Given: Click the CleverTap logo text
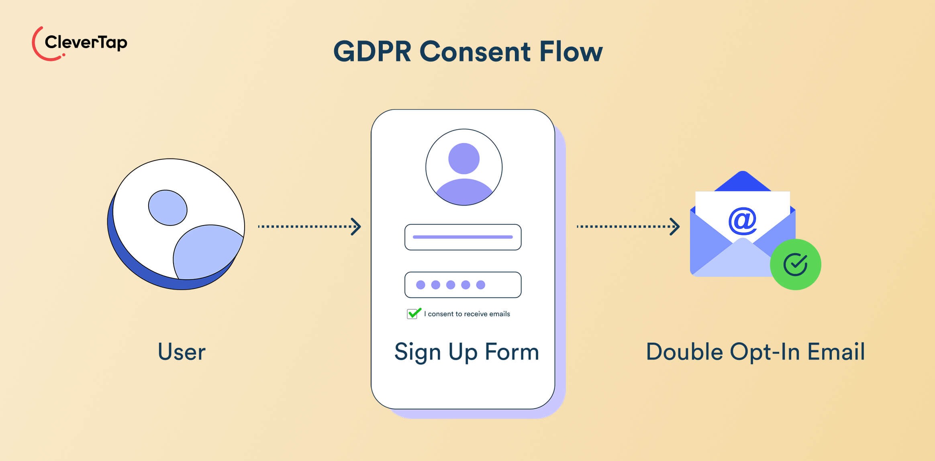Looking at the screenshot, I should coord(86,42).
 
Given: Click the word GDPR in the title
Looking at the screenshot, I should coord(372,52).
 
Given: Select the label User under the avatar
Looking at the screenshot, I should coord(182,352).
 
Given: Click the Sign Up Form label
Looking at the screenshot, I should coord(466,352).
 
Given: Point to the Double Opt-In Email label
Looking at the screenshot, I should coord(755,352).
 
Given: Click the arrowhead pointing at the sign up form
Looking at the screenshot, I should coord(356,227).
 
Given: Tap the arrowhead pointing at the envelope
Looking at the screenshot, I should coord(675,227).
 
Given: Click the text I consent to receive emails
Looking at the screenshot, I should coord(467,314).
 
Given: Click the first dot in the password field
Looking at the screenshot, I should coord(421,285).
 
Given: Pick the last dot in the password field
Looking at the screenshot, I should coord(480,285).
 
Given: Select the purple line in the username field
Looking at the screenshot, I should coord(463,237).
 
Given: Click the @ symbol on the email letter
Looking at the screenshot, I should coord(742,220).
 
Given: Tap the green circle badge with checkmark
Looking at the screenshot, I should coord(795,264).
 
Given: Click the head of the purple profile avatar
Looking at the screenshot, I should coord(464,158).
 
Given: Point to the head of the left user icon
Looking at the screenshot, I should coord(167,207).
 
